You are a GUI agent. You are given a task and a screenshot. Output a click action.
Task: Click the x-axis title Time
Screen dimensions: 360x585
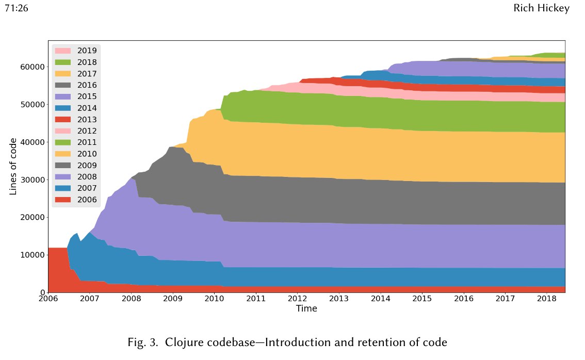click(x=306, y=309)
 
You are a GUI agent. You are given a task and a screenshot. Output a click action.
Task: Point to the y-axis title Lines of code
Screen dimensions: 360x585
click(x=14, y=166)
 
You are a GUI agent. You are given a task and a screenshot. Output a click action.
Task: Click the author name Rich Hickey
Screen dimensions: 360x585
click(x=541, y=9)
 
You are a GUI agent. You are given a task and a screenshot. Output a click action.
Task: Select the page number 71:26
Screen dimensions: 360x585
click(x=16, y=9)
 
